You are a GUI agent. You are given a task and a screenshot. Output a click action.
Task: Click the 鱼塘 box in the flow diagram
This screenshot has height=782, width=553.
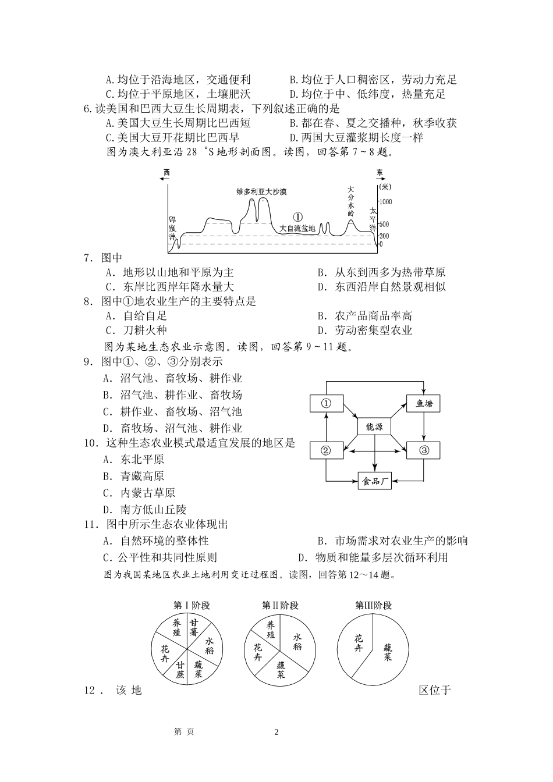click(x=423, y=403)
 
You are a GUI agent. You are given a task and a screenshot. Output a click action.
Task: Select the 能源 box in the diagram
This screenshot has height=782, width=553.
click(x=374, y=426)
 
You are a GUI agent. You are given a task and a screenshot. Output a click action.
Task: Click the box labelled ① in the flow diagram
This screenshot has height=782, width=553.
click(x=326, y=403)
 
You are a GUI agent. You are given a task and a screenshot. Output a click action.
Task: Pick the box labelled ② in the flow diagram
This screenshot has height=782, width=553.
click(x=326, y=450)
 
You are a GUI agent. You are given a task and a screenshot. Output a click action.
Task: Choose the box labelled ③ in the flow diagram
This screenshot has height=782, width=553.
click(x=423, y=450)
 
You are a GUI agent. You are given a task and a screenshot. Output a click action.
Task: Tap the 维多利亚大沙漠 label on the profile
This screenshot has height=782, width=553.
click(x=261, y=191)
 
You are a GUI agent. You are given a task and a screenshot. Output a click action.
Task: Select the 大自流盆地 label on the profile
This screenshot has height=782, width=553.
click(x=297, y=229)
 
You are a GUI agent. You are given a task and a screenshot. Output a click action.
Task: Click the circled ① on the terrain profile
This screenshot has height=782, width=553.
click(x=297, y=216)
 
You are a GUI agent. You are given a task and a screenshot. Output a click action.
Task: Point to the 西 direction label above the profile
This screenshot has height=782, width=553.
click(x=167, y=172)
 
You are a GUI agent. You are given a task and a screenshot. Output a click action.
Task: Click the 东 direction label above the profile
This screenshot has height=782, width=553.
click(x=380, y=173)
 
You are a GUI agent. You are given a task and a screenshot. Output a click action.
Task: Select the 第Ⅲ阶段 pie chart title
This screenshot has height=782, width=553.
click(x=373, y=605)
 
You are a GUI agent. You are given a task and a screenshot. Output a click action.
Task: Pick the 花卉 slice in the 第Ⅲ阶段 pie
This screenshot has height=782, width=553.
click(x=359, y=643)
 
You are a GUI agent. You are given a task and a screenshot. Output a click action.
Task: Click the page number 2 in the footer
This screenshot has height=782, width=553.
click(x=276, y=732)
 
